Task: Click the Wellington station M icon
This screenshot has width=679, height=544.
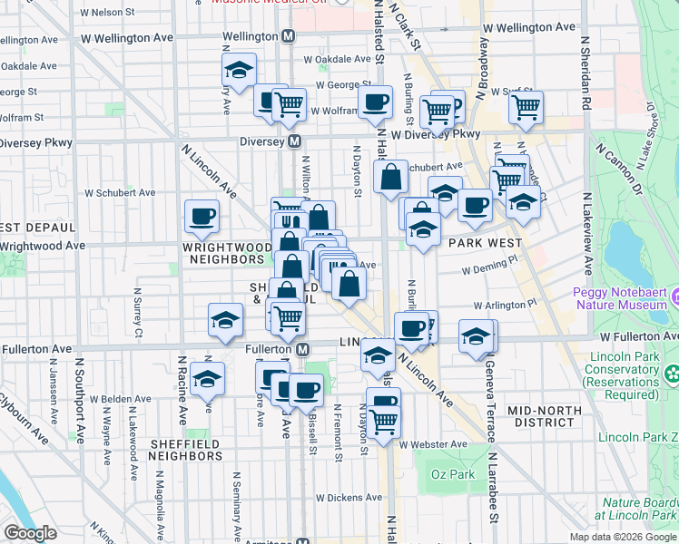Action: pyautogui.click(x=289, y=36)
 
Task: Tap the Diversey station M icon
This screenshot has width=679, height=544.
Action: pyautogui.click(x=295, y=142)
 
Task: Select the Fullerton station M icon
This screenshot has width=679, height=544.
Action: pyautogui.click(x=304, y=349)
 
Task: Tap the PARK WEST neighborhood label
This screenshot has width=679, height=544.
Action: pyautogui.click(x=486, y=243)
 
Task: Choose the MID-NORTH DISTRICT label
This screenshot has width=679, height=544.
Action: pyautogui.click(x=544, y=416)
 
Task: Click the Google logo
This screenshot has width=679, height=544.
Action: pyautogui.click(x=31, y=533)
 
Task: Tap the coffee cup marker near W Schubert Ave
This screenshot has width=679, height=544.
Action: pyautogui.click(x=202, y=216)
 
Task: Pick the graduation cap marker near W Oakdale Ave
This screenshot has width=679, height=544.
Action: pyautogui.click(x=239, y=69)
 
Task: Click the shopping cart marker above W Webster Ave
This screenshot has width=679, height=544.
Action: pyautogui.click(x=384, y=421)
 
